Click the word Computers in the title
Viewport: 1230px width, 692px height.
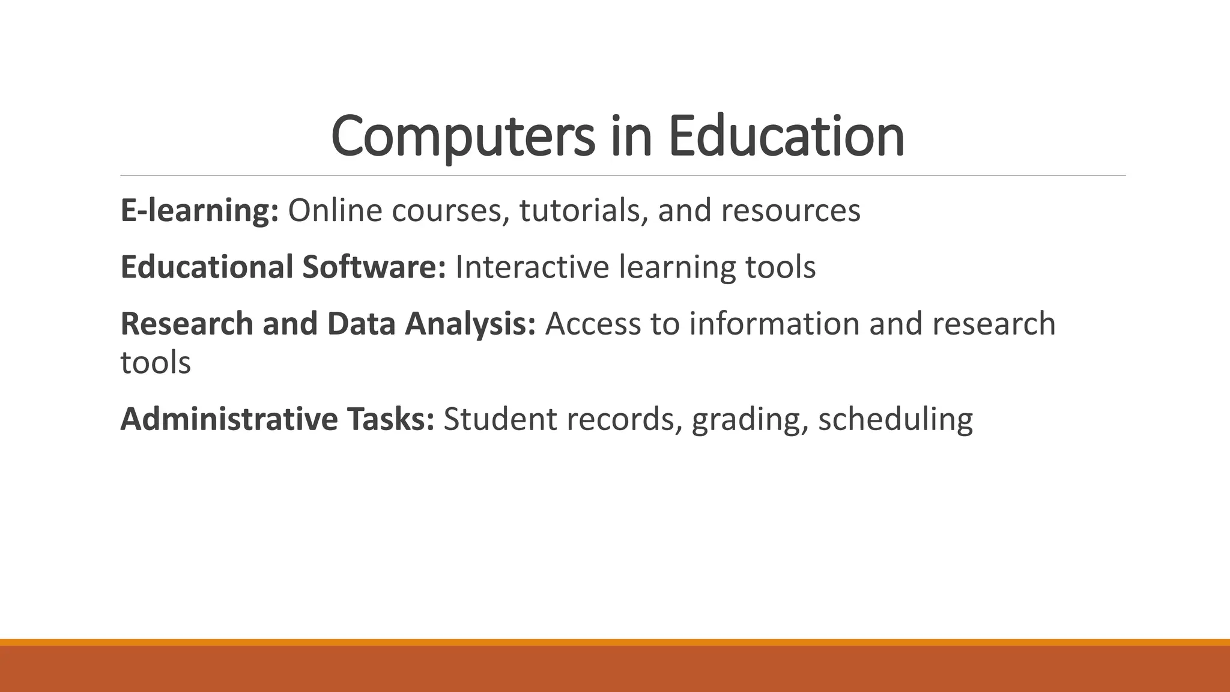[x=463, y=137]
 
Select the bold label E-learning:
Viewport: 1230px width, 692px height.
[x=199, y=211]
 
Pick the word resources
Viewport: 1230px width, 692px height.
[x=790, y=211]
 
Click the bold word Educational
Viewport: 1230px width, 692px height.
[x=207, y=267]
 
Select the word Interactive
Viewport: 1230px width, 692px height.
[x=532, y=267]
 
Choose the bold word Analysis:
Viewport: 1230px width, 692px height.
[x=470, y=324]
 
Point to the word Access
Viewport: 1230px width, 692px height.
[x=593, y=324]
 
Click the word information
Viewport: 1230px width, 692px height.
[x=775, y=324]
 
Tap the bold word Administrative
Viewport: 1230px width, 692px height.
[x=229, y=419]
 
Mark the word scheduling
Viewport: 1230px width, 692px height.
[x=895, y=419]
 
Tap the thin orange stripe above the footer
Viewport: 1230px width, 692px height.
[x=615, y=642]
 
